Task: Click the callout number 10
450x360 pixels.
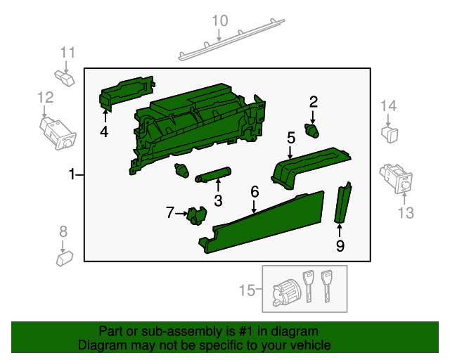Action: (x=220, y=20)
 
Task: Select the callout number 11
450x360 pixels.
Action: (x=67, y=52)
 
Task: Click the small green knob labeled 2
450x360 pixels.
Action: (x=311, y=129)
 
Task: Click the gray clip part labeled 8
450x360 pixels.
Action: (x=65, y=258)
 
